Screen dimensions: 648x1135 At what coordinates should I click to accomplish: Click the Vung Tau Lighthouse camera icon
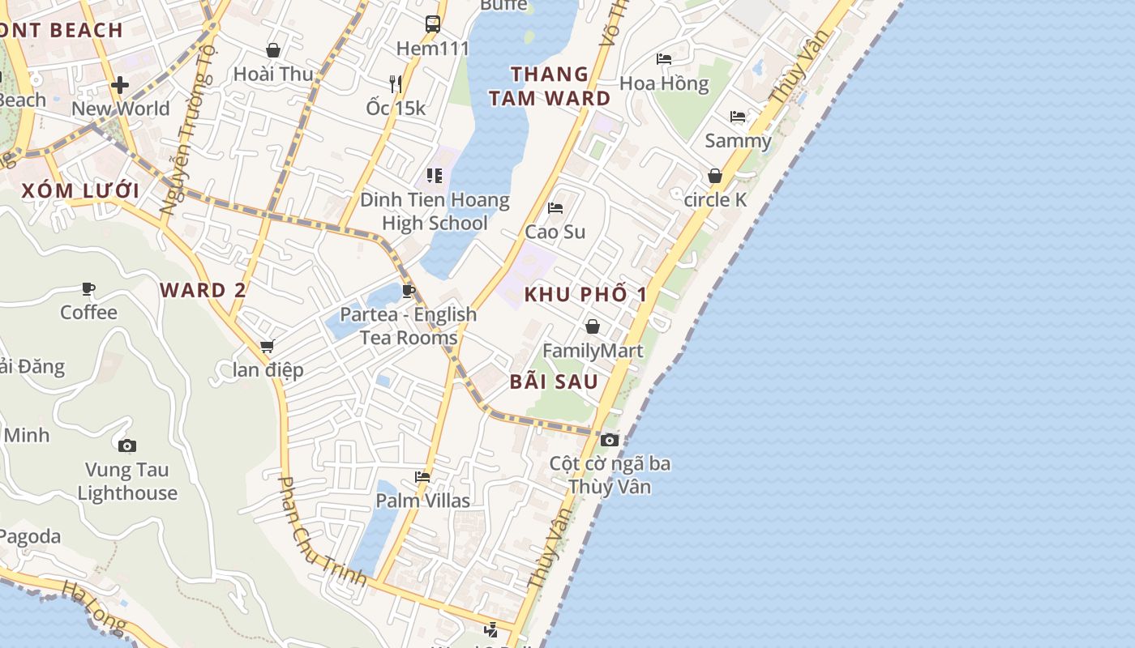[127, 446]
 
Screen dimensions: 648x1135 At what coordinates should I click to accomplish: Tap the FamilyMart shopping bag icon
[593, 326]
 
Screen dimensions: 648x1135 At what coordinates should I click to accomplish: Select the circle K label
[715, 199]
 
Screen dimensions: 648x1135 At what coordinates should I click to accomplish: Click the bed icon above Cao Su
[555, 208]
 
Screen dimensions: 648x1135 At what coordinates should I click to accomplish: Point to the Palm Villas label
[422, 501]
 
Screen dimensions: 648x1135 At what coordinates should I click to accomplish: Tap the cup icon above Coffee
[88, 288]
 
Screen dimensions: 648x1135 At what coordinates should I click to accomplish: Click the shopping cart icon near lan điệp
[268, 347]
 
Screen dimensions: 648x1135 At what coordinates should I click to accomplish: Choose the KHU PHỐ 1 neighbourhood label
[585, 294]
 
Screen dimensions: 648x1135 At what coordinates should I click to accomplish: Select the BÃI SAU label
[555, 382]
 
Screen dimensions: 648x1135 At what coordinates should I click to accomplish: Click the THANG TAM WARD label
[561, 86]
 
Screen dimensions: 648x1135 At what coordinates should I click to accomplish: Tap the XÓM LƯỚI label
[80, 191]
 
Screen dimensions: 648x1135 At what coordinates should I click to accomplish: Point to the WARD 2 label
[203, 290]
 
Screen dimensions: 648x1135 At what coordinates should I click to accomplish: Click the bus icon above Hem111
[433, 23]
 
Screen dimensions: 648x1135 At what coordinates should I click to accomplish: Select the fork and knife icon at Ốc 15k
[396, 83]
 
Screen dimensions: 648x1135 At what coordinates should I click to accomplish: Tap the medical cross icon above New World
[120, 85]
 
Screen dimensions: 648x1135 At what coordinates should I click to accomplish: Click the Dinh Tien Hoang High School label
[435, 211]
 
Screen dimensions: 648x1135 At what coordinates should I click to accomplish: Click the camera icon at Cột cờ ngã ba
[610, 440]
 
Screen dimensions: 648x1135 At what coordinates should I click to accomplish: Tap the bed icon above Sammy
[738, 117]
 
